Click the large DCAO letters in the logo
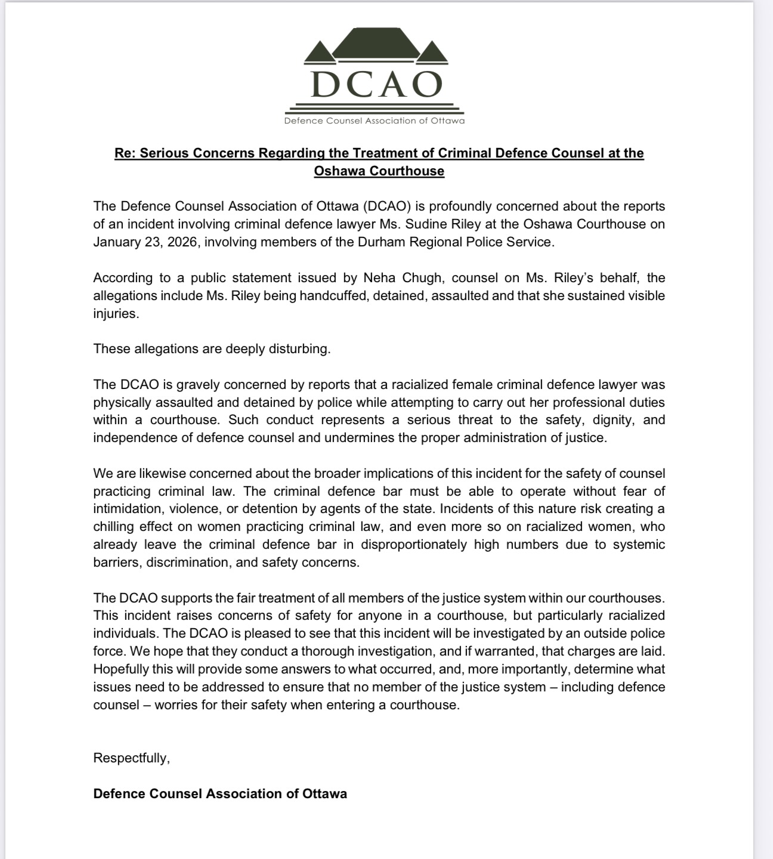tap(376, 85)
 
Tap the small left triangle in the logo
tap(320, 54)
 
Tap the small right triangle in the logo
tap(432, 54)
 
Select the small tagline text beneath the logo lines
tap(374, 121)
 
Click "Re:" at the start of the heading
tap(125, 153)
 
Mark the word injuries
tap(116, 314)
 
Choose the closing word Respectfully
tap(131, 758)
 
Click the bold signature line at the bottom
tap(220, 794)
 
